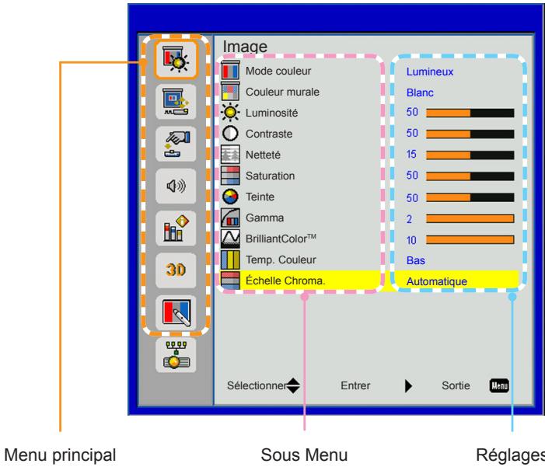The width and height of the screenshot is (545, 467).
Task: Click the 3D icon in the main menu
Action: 176,270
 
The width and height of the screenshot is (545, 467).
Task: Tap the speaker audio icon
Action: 176,186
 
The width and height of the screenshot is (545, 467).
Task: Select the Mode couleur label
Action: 278,71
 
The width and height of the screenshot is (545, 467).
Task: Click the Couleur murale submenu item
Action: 282,92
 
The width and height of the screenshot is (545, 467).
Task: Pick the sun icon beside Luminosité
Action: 230,112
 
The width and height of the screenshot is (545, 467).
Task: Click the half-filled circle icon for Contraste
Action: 230,134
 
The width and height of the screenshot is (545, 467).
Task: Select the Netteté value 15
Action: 411,155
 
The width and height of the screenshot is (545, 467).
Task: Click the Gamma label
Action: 264,218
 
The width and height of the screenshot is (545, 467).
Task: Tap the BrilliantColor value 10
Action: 411,240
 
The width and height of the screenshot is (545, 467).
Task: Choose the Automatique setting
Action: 437,281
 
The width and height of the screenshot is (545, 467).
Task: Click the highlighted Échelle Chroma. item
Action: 285,281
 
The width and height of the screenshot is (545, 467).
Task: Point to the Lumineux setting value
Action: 430,72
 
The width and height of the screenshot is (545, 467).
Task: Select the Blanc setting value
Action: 420,92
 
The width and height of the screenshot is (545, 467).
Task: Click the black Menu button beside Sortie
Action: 499,385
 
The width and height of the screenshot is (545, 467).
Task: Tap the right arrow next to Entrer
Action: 408,385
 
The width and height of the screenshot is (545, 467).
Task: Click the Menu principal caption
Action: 60,455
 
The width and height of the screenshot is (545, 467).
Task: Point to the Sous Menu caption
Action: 304,455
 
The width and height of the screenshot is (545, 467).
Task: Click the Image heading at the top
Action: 245,47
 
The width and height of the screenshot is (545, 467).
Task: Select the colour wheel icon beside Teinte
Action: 230,197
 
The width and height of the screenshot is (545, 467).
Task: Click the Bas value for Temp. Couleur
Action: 416,260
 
